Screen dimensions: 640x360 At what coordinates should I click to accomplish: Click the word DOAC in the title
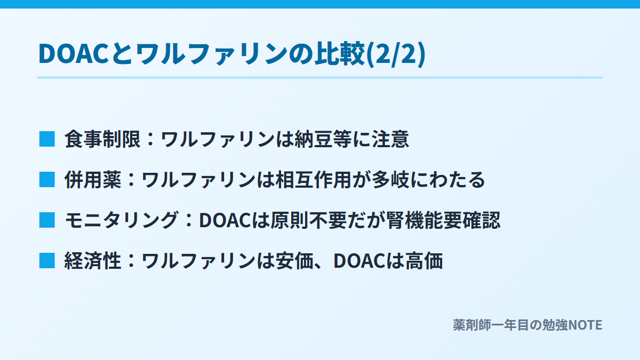pyautogui.click(x=73, y=53)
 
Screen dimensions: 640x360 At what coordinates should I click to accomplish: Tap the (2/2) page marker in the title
pyautogui.click(x=396, y=54)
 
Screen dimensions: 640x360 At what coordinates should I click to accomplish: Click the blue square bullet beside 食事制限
pyautogui.click(x=47, y=139)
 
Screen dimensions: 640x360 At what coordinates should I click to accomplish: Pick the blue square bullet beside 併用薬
pyautogui.click(x=47, y=180)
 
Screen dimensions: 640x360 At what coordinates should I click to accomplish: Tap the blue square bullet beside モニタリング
pyautogui.click(x=47, y=220)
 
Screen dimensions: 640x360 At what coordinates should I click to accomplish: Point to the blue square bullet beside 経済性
pyautogui.click(x=47, y=261)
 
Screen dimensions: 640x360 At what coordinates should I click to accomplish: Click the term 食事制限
pyautogui.click(x=102, y=139)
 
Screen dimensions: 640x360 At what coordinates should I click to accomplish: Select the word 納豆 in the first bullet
pyautogui.click(x=314, y=139)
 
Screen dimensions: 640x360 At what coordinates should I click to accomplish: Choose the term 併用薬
pyautogui.click(x=93, y=180)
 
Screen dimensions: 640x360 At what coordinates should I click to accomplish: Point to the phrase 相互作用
pyautogui.click(x=313, y=180)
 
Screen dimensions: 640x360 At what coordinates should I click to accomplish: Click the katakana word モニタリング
pyautogui.click(x=122, y=220)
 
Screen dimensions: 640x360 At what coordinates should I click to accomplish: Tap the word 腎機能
pyautogui.click(x=414, y=220)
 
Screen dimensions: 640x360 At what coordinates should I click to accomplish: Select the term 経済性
pyautogui.click(x=93, y=261)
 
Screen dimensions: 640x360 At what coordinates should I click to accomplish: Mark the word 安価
pyautogui.click(x=294, y=261)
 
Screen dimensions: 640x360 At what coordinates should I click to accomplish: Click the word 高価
pyautogui.click(x=424, y=261)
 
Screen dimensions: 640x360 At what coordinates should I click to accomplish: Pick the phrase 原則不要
pyautogui.click(x=308, y=220)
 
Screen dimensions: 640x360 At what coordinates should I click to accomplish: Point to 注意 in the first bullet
pyautogui.click(x=390, y=139)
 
